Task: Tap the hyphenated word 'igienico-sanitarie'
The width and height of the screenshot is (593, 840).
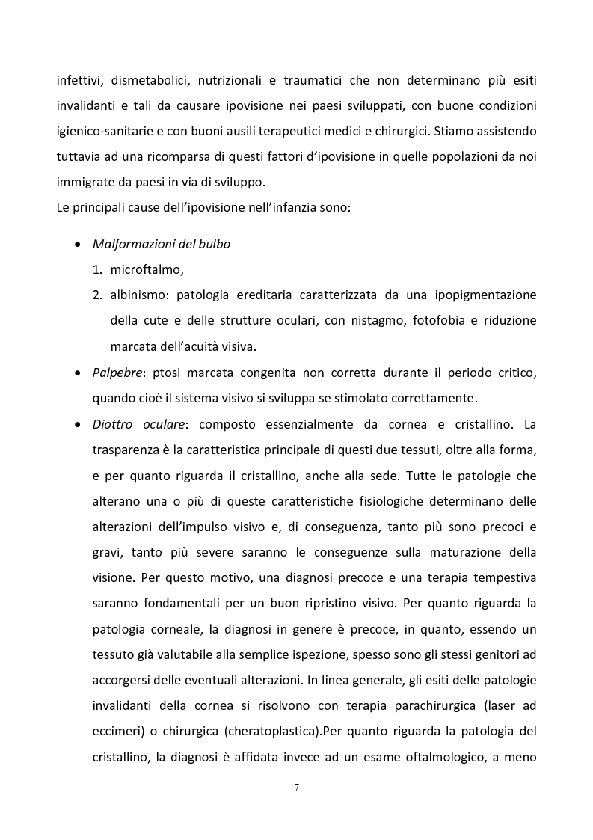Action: (x=105, y=131)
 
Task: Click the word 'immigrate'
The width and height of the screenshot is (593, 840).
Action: (x=86, y=183)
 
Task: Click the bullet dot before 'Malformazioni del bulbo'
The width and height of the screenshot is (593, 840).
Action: (x=79, y=245)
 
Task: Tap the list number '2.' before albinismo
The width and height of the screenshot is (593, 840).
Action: (x=97, y=295)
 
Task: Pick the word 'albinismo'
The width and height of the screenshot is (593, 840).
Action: (x=139, y=295)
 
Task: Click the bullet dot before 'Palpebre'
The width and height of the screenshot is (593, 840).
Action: (x=79, y=373)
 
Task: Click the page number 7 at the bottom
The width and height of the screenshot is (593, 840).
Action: (x=297, y=788)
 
